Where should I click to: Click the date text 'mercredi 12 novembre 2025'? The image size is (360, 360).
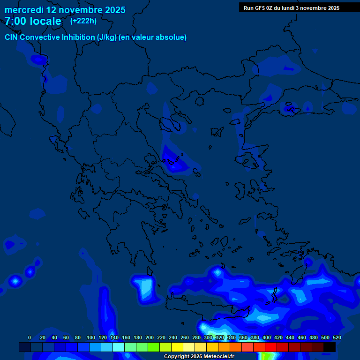[65, 10]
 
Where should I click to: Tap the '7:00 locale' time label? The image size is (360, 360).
[33, 21]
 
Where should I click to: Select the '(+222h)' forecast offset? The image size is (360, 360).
[83, 21]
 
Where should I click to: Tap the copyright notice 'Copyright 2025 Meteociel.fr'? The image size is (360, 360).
[199, 357]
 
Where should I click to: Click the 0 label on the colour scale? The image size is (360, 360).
[30, 337]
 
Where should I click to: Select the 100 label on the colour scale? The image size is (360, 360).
[90, 337]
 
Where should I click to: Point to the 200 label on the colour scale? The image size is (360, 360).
[150, 337]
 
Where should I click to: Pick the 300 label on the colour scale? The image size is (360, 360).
[208, 337]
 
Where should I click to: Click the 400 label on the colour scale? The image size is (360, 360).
[267, 337]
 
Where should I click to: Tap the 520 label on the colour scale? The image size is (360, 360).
[337, 337]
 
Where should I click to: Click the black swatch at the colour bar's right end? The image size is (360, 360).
[330, 347]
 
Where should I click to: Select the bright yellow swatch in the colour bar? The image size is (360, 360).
[177, 347]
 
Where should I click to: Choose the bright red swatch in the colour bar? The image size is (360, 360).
[271, 347]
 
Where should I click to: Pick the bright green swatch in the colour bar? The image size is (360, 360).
[154, 347]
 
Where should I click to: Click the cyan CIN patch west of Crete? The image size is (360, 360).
[147, 287]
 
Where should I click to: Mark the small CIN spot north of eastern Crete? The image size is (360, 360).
[217, 272]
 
